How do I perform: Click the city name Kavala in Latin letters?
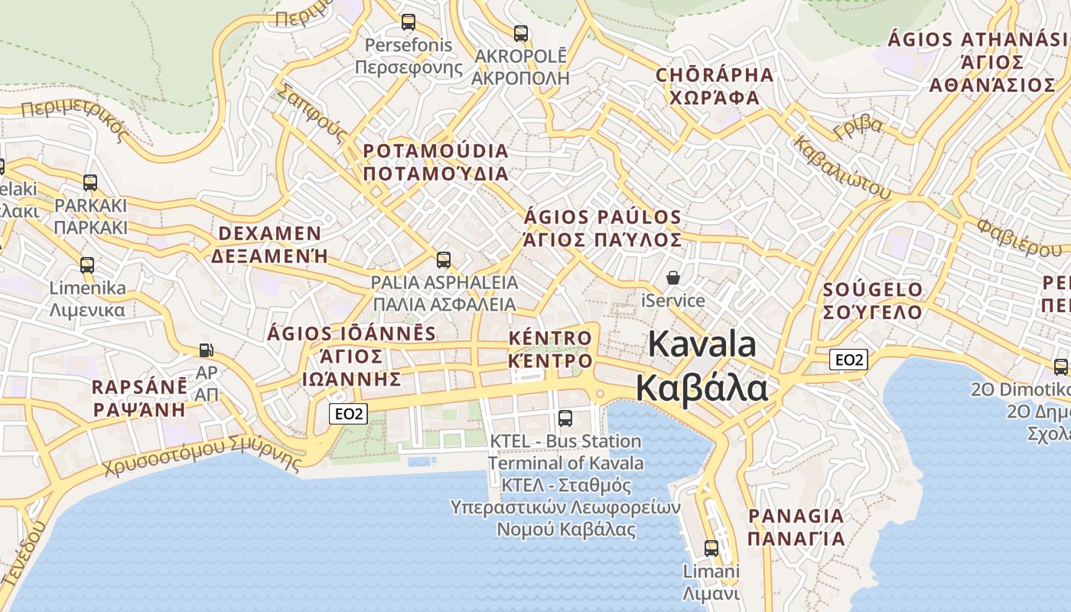coord(702,344)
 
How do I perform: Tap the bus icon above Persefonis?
coord(409,22)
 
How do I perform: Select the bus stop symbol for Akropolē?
coord(521,34)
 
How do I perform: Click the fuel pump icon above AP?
coord(206,350)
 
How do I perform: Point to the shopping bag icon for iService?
coord(673,278)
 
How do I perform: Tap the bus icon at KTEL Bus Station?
coord(565,418)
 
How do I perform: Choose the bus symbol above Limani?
coord(711,548)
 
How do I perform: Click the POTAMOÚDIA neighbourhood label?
coord(436,151)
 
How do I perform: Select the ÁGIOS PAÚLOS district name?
coord(603,217)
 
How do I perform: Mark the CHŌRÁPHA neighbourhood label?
coord(715,75)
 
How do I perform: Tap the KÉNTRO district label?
coord(551,338)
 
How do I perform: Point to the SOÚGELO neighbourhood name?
coord(873,290)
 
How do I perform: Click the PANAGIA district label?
coord(796,516)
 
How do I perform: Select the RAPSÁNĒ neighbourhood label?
coord(139,386)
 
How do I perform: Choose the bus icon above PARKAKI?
coord(90,183)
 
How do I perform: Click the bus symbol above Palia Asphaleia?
coord(444,260)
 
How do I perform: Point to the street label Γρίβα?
coord(858,126)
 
